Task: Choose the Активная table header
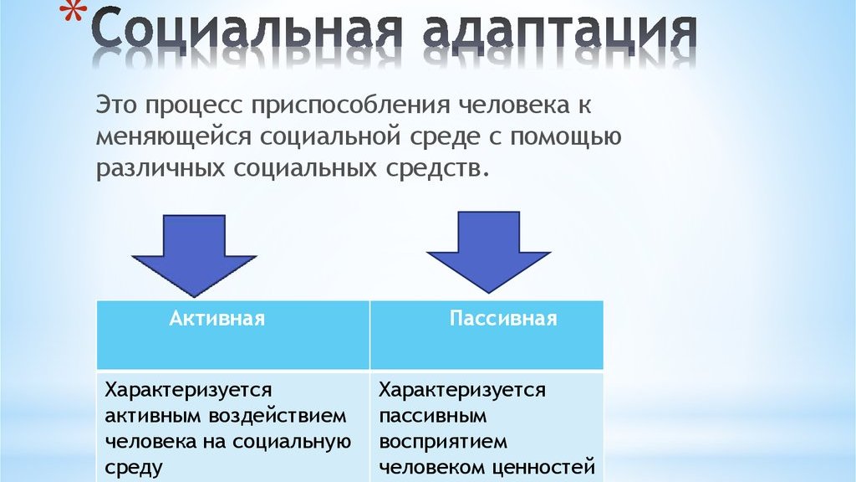pyautogui.click(x=217, y=318)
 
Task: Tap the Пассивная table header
pyautogui.click(x=503, y=318)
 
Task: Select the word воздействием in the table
pyautogui.click(x=278, y=416)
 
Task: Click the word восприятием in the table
pyautogui.click(x=443, y=443)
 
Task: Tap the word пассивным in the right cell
pyautogui.click(x=433, y=417)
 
